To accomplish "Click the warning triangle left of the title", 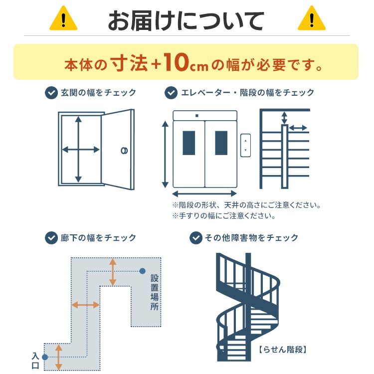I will pos(63,19).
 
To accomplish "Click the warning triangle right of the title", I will pos(311,19).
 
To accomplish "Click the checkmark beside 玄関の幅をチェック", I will pos(51,92).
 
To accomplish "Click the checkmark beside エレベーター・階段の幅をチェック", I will pos(171,92).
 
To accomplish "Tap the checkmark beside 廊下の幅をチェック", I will pos(51,237).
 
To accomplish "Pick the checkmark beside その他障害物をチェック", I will pos(196,237).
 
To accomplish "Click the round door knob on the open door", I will pos(124,150).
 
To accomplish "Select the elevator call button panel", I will pos(245,145).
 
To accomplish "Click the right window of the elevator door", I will pos(221,143).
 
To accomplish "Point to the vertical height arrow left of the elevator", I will pos(165,154).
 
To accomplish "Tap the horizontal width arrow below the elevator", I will pos(205,193).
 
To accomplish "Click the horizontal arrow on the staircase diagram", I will pos(298,128).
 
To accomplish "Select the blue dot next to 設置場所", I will pos(143,271).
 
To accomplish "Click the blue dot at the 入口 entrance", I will pos(45,357).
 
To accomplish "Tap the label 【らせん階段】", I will pos(282,349).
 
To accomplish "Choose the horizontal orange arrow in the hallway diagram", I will pos(85,305).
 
